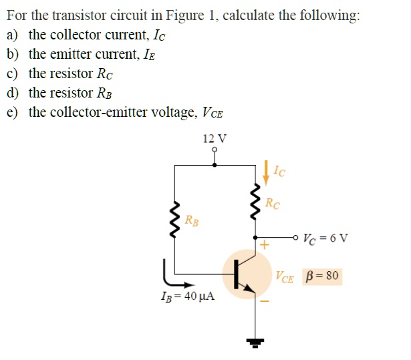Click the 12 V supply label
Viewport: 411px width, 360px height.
[214, 139]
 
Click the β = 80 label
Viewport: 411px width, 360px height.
[322, 275]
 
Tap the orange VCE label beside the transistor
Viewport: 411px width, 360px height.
[284, 276]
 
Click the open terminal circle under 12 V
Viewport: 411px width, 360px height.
[214, 150]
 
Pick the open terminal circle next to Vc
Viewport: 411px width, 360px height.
[295, 236]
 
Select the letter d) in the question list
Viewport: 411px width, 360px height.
[13, 92]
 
